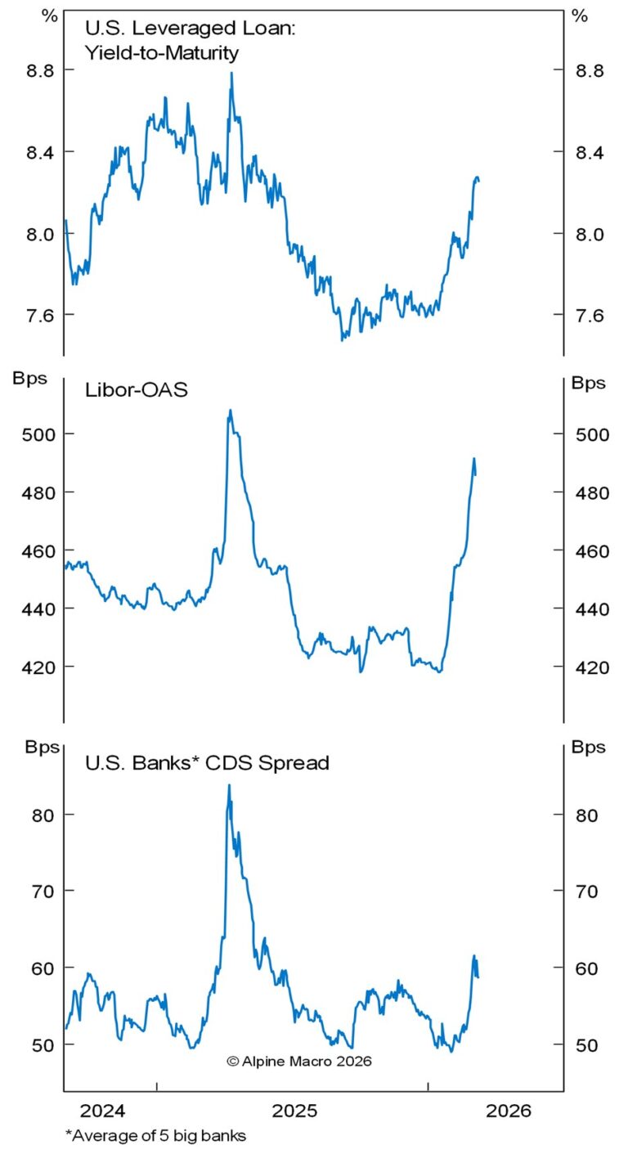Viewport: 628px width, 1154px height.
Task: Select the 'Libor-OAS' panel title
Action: tap(137, 389)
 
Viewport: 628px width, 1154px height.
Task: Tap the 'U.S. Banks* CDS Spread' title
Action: tap(207, 763)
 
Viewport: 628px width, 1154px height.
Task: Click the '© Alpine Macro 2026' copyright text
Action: tap(298, 1061)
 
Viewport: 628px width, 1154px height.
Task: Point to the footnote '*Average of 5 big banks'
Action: tap(155, 1135)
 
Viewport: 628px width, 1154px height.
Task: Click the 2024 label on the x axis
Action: tap(103, 1111)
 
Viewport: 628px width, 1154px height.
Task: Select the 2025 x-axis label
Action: tap(296, 1111)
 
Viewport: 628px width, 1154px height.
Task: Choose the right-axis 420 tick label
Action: tap(591, 667)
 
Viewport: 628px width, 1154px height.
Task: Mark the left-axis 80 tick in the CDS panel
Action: tap(37, 815)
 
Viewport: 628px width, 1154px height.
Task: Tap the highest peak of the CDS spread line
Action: tap(229, 785)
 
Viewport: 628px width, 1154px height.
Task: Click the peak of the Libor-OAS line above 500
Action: tap(230, 410)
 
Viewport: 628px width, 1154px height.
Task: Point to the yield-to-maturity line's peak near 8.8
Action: tap(231, 73)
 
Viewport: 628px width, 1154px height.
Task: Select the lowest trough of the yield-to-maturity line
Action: tap(342, 339)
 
